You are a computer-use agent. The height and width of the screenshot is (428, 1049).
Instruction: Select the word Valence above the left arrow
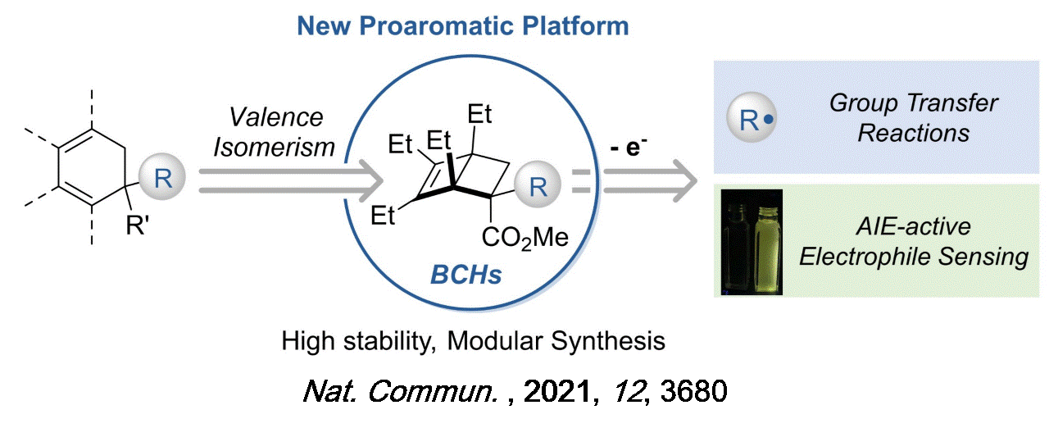pyautogui.click(x=276, y=117)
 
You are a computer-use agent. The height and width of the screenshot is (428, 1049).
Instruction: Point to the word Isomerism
pyautogui.click(x=283, y=147)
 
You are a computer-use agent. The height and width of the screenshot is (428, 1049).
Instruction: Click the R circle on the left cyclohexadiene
pyautogui.click(x=163, y=178)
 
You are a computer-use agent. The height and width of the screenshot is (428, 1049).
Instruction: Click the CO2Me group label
pyautogui.click(x=525, y=238)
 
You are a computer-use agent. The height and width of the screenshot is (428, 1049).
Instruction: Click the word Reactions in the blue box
pyautogui.click(x=913, y=132)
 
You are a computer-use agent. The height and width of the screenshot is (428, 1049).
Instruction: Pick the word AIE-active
pyautogui.click(x=913, y=227)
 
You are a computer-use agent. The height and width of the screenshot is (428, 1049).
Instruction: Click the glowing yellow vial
pyautogui.click(x=765, y=246)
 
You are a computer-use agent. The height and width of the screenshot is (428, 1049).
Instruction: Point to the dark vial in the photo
pyautogui.click(x=736, y=246)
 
